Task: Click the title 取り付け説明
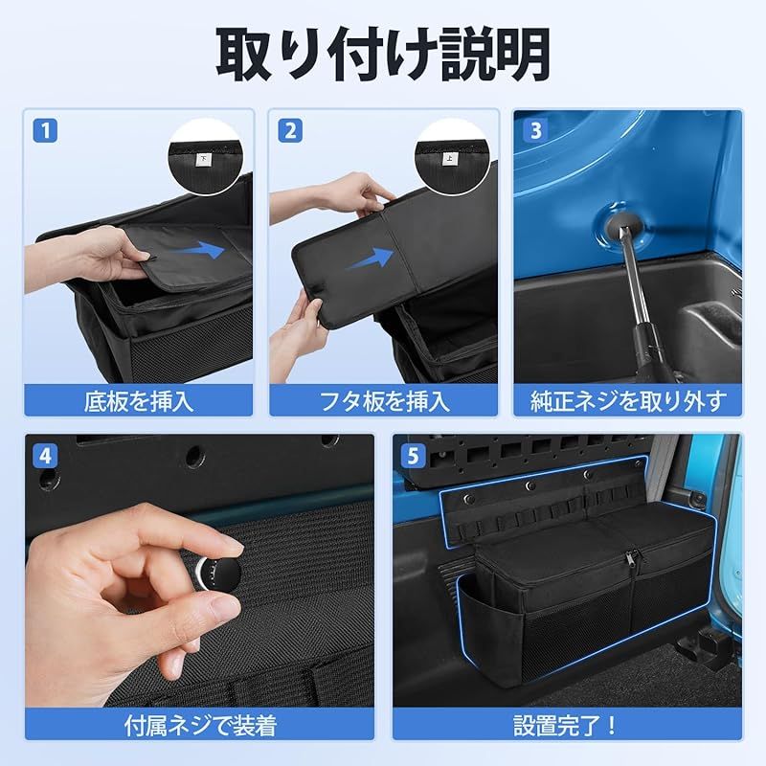(383, 55)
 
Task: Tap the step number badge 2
(288, 129)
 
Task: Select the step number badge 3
(533, 129)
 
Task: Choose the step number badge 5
(412, 454)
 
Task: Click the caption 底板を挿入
(140, 400)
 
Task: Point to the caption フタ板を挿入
(384, 400)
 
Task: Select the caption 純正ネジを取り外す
(628, 400)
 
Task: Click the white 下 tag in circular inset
(203, 161)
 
